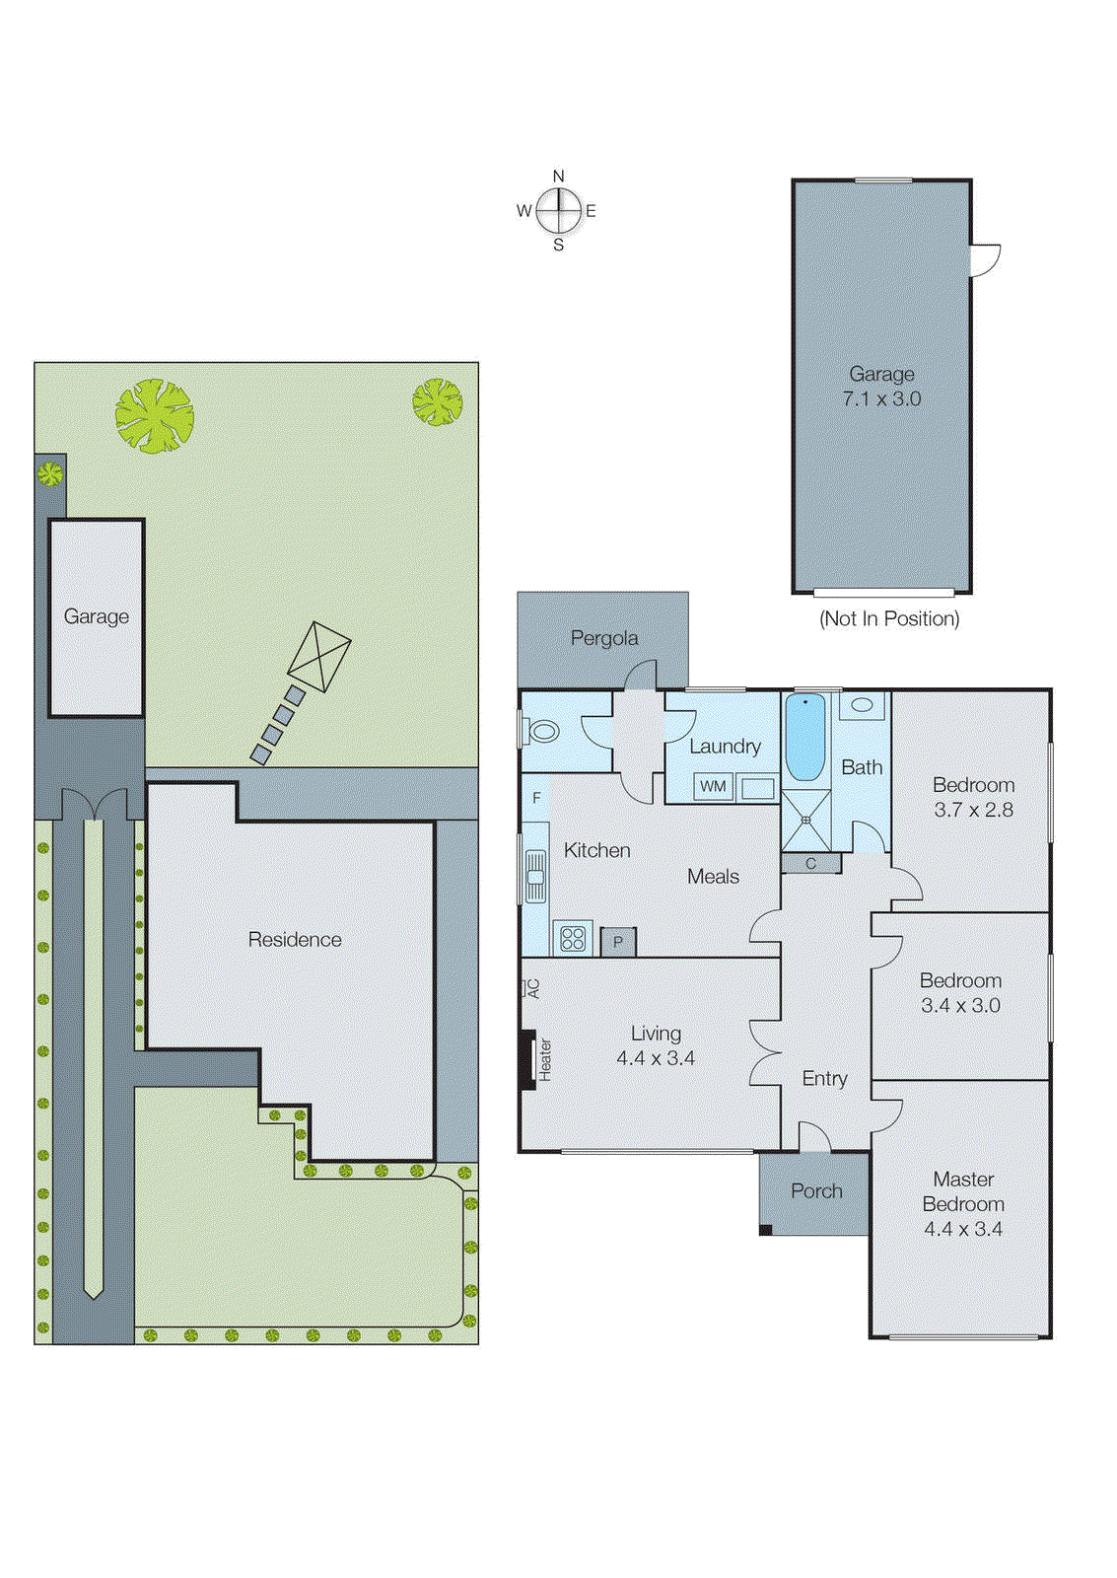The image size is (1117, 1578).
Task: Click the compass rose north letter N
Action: pos(558,177)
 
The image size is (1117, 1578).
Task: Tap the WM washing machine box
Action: pos(713,786)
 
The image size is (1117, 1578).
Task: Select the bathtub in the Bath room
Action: pos(805,737)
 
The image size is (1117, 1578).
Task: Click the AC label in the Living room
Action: pos(532,987)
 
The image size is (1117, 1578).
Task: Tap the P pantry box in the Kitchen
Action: pos(618,942)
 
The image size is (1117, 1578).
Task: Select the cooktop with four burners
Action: pos(573,938)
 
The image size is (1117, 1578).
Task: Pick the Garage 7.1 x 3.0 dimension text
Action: pos(881,398)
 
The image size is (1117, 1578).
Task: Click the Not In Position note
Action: pos(889,618)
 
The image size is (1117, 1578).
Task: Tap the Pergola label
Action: pos(603,638)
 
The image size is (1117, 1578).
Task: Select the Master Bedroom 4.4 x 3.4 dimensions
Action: pos(963,1229)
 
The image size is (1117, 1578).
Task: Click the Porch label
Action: pos(816,1190)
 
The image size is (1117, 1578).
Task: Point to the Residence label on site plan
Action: pos(295,939)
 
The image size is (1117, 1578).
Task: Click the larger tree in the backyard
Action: pos(154,416)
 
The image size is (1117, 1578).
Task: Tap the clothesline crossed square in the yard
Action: pos(319,656)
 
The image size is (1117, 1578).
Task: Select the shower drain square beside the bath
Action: pos(806,820)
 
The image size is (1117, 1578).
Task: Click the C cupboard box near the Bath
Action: pos(810,864)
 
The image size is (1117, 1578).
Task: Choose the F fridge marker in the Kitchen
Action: pos(536,798)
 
